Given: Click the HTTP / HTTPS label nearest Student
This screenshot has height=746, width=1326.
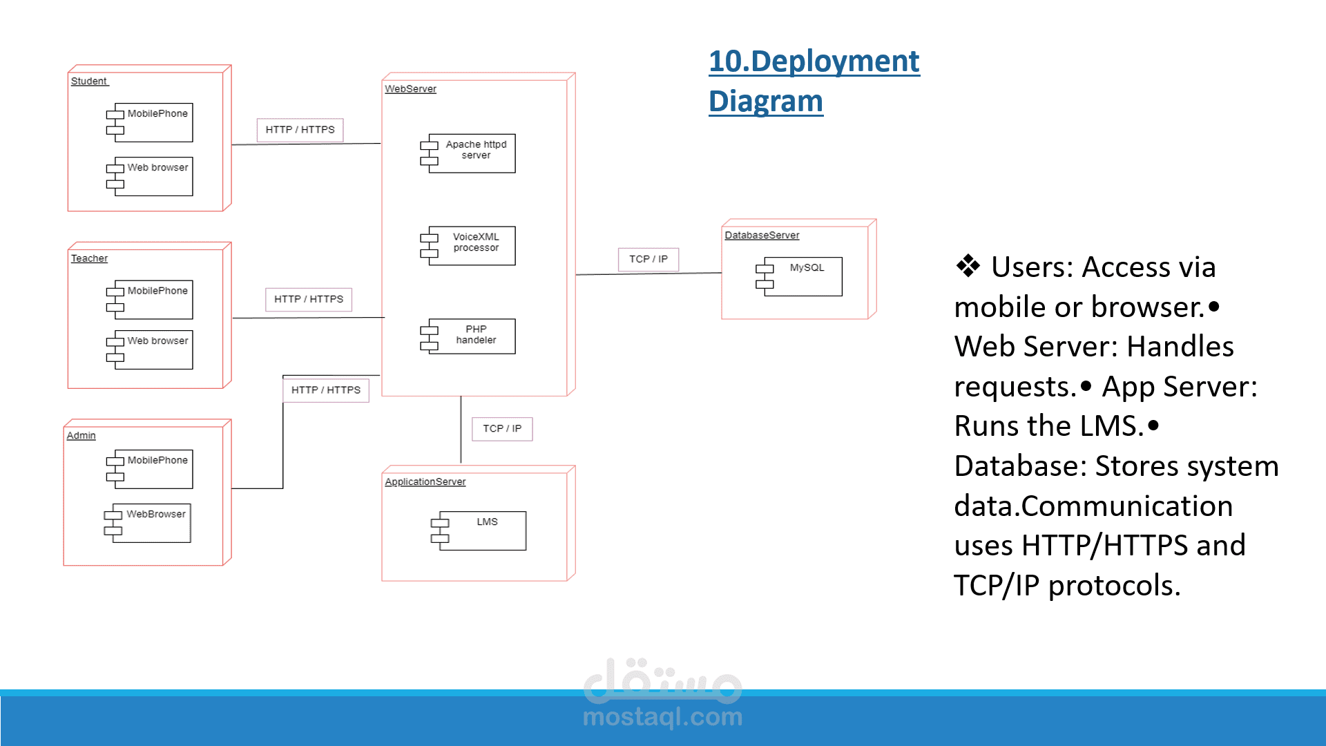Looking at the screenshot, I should pyautogui.click(x=300, y=130).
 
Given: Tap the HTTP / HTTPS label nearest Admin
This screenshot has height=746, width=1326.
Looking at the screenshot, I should pyautogui.click(x=326, y=390).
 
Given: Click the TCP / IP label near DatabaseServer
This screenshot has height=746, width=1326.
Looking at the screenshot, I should pyautogui.click(x=648, y=260).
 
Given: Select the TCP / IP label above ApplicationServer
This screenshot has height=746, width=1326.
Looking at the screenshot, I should pyautogui.click(x=502, y=429).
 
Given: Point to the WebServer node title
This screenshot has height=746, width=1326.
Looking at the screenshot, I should pyautogui.click(x=410, y=89).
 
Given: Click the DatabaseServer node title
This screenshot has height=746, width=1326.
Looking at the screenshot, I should pyautogui.click(x=762, y=236).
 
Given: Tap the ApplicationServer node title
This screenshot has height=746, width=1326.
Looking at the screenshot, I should pyautogui.click(x=425, y=482).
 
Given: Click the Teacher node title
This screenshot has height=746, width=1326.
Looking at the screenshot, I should pyautogui.click(x=89, y=258).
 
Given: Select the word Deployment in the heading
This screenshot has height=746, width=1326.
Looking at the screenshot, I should pyautogui.click(x=834, y=61).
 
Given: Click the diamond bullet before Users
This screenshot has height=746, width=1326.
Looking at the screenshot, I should pyautogui.click(x=968, y=266).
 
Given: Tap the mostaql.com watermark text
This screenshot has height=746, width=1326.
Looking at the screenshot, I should pyautogui.click(x=662, y=717).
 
